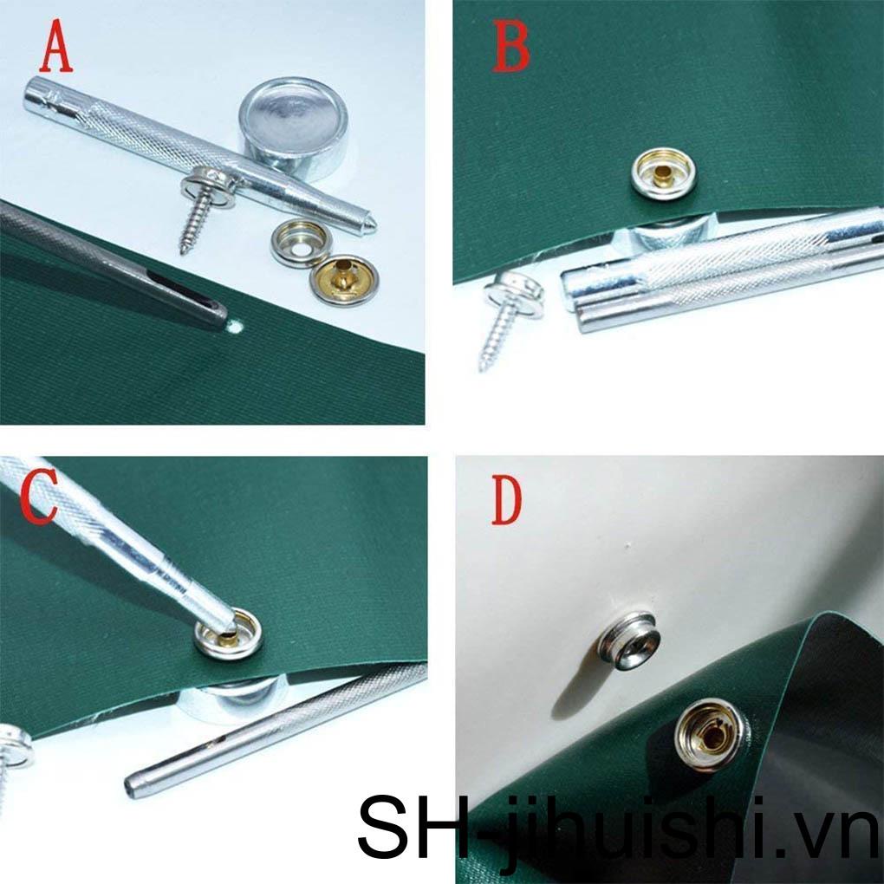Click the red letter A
click(x=56, y=50)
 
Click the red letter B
click(x=510, y=49)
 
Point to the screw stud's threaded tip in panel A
click(x=184, y=246)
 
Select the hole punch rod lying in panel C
click(x=269, y=736)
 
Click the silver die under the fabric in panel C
click(x=230, y=697)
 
